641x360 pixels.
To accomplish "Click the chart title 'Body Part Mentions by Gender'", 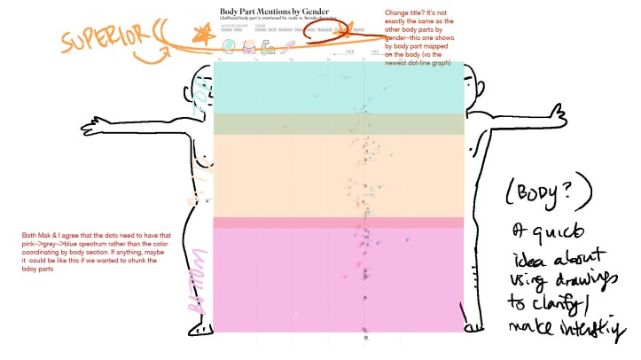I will click(269, 11).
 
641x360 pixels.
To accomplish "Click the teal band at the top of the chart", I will click(337, 87).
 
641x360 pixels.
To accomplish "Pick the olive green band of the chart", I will click(337, 123).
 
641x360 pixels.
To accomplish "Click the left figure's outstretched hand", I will click(88, 127).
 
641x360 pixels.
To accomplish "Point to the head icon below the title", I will click(229, 43).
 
